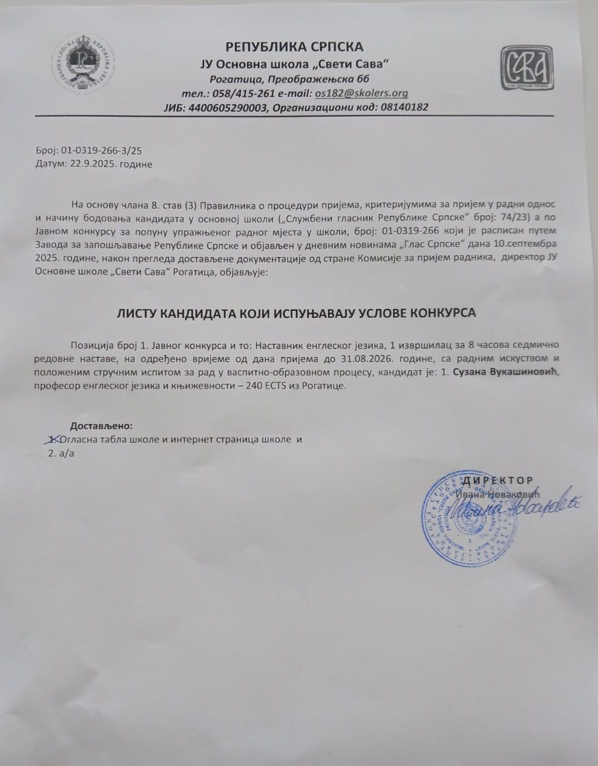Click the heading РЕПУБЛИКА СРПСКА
294,47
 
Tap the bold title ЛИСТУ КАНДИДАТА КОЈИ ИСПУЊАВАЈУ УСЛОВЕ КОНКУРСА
296,313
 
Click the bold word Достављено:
101,426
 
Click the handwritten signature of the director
511,507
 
